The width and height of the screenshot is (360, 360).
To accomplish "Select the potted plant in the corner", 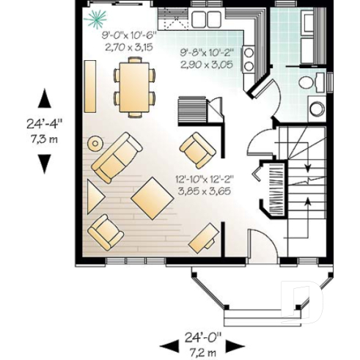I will [x=95, y=17].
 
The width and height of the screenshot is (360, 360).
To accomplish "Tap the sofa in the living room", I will [x=118, y=157].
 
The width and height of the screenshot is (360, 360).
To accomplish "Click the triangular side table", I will [x=95, y=196].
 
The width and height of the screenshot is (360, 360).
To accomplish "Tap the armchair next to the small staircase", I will [x=197, y=150].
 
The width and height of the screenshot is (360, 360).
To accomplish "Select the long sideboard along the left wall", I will [x=90, y=85].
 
